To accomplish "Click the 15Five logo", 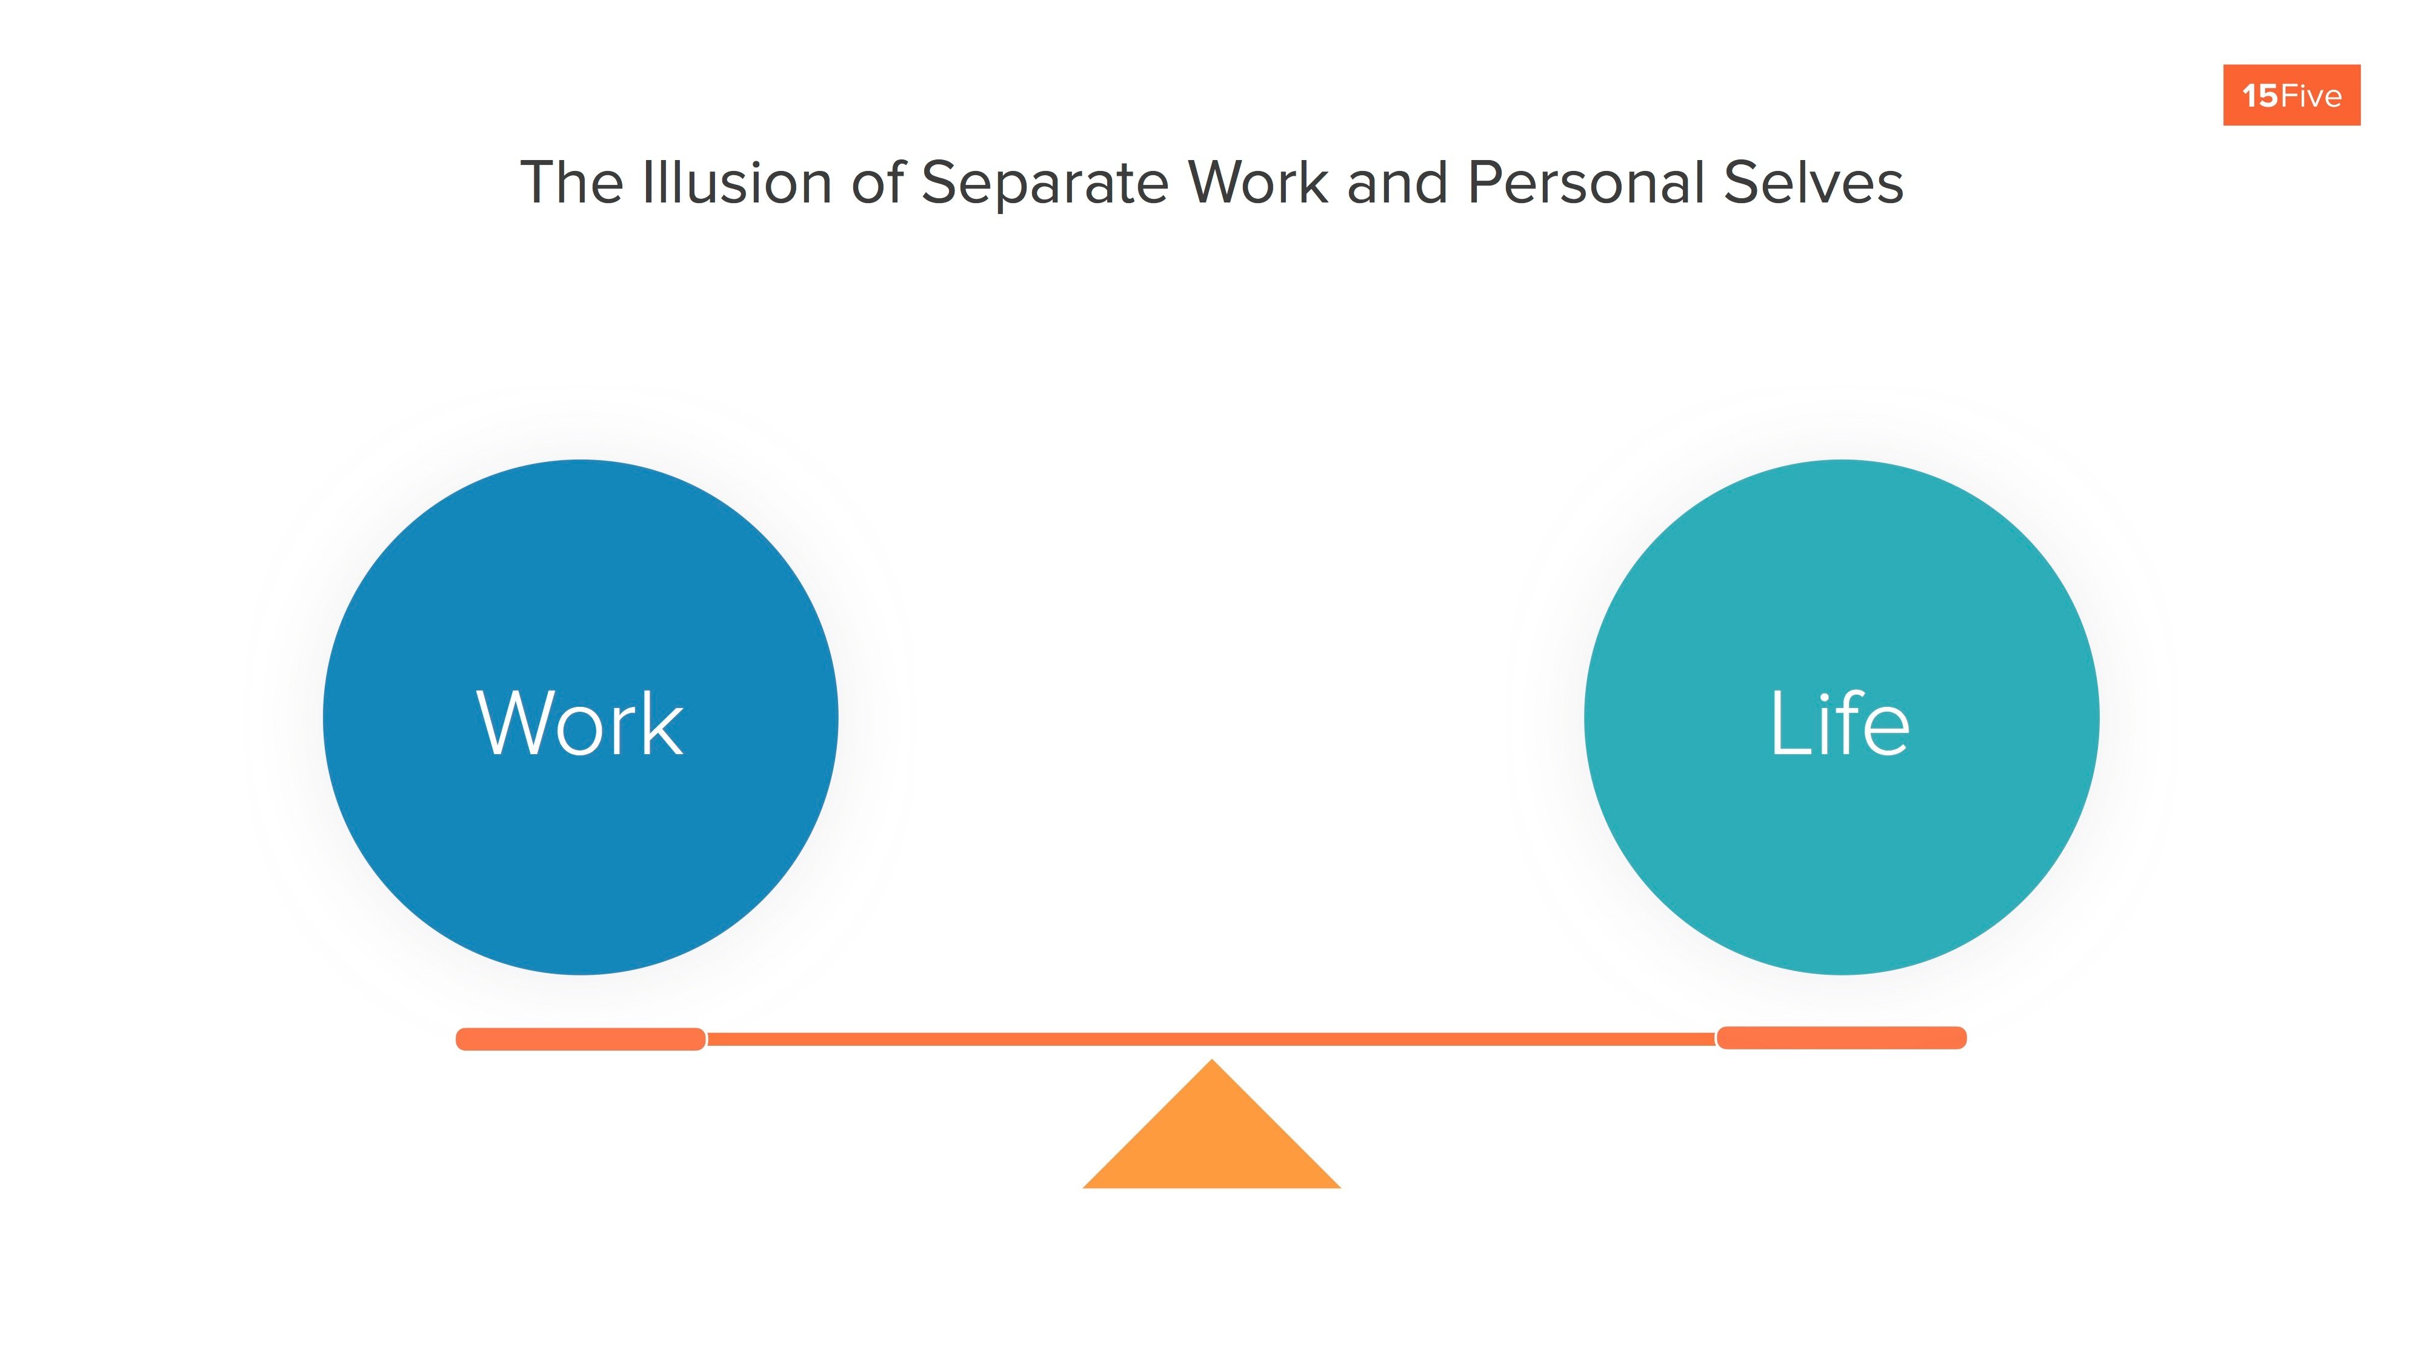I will click(2291, 95).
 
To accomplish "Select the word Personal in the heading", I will click(1585, 182).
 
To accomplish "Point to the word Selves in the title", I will click(1813, 182).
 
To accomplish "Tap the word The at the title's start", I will click(571, 182).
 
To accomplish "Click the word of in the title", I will click(877, 182).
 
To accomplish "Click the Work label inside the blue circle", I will click(580, 723).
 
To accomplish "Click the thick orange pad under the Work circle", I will click(581, 1039).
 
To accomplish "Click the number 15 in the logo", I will click(2259, 96).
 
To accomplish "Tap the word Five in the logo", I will click(2310, 96).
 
